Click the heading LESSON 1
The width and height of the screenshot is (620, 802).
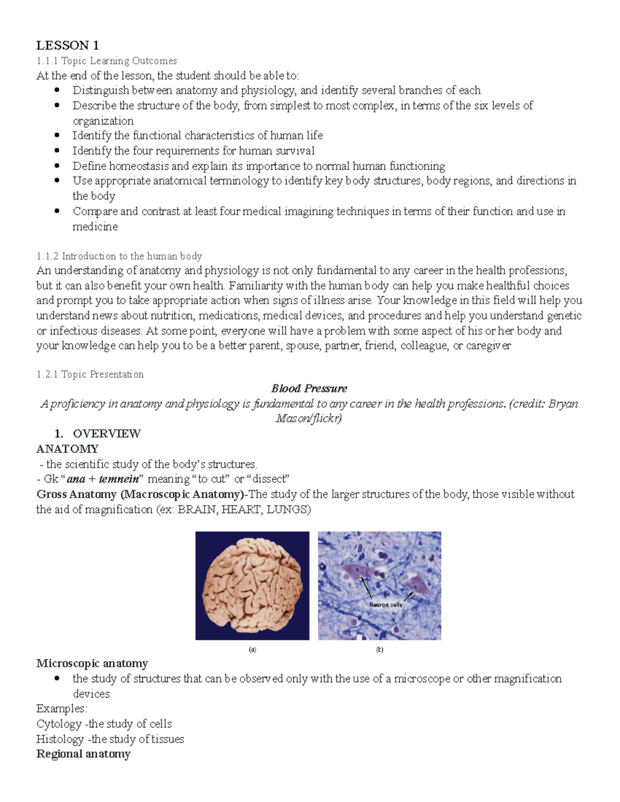67,45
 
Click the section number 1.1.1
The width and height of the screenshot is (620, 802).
48,61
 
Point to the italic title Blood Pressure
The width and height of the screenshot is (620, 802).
309,388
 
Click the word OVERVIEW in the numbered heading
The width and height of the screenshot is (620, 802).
106,433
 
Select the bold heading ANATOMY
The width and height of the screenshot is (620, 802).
67,448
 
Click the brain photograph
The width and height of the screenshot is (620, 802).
252,586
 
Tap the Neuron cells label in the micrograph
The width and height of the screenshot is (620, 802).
385,604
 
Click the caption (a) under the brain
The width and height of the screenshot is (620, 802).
252,650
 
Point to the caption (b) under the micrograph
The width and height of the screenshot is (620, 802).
379,650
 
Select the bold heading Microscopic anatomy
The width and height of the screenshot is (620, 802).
92,663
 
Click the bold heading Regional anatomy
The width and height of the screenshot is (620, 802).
83,754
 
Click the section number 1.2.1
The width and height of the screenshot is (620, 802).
48,374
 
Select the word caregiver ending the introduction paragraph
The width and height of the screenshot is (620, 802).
488,345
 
